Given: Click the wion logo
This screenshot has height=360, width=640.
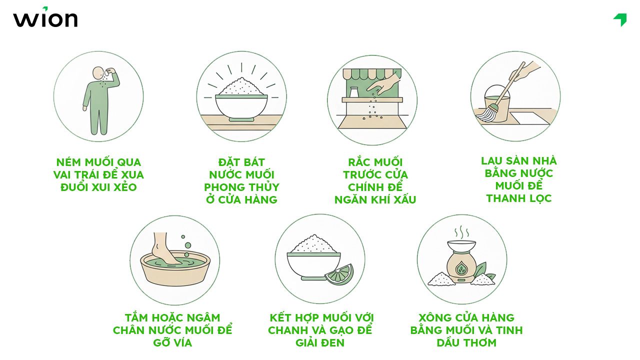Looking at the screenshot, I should pyautogui.click(x=45, y=18).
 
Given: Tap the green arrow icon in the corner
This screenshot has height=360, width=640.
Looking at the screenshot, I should pyautogui.click(x=620, y=19).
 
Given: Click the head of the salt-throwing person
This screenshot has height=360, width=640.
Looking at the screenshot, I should pyautogui.click(x=99, y=74).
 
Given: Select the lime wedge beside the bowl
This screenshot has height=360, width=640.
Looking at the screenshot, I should pyautogui.click(x=338, y=274).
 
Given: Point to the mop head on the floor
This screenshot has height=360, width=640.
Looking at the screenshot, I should pyautogui.click(x=486, y=114).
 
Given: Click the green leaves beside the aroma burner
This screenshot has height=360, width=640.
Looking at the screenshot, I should pyautogui.click(x=482, y=272).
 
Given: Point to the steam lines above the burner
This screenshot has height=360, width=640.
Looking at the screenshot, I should pyautogui.click(x=461, y=232).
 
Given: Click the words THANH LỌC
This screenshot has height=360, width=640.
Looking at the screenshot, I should pyautogui.click(x=518, y=198).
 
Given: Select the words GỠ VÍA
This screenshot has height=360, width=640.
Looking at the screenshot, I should pyautogui.click(x=172, y=343).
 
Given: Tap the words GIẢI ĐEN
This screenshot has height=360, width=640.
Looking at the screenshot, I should pyautogui.click(x=320, y=343).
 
